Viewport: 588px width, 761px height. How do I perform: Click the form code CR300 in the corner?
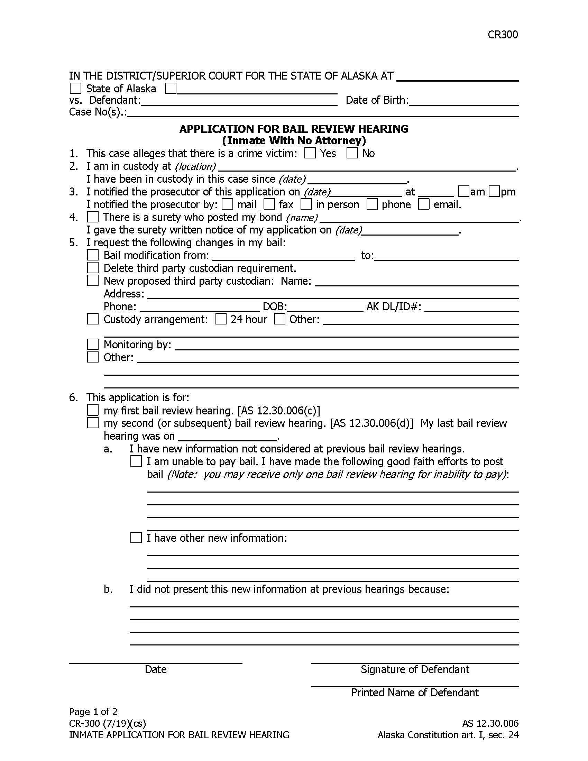tap(502, 35)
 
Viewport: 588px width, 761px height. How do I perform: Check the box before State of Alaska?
tap(76, 89)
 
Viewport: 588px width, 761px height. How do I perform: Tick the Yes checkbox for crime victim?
tap(310, 153)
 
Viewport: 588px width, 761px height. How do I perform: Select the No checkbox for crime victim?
tap(352, 153)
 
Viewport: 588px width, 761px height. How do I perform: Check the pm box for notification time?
tap(494, 191)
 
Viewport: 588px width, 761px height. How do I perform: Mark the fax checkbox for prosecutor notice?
tap(269, 204)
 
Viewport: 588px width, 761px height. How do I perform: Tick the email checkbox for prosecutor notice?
tap(424, 204)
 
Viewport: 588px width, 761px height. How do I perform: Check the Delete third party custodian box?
tap(93, 268)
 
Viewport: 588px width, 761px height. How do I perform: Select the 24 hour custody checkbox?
tap(221, 319)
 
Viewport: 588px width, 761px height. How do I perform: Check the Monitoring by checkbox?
tap(93, 344)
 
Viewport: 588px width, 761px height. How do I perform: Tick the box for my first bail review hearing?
tap(93, 410)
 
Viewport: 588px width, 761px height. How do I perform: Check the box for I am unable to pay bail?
tap(136, 461)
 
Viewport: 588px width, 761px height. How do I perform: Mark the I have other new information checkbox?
tap(136, 538)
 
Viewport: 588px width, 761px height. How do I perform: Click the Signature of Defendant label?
tap(414, 669)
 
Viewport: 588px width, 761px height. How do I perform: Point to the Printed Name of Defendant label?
tap(414, 693)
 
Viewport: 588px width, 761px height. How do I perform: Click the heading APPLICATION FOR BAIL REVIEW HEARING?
tap(294, 129)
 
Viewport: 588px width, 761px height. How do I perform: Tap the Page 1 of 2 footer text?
tap(93, 712)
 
